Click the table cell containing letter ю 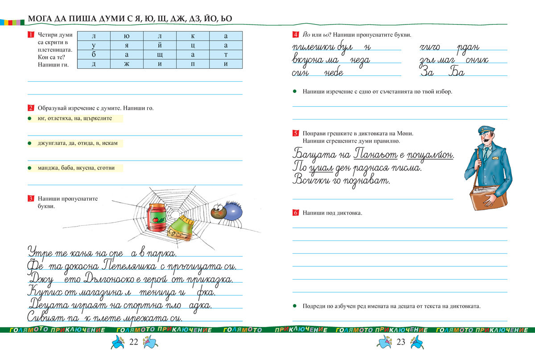[x=127, y=36]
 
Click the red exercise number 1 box [x=30, y=35]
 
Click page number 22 [x=134, y=342]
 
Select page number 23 [x=400, y=342]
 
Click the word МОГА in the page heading [x=40, y=19]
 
